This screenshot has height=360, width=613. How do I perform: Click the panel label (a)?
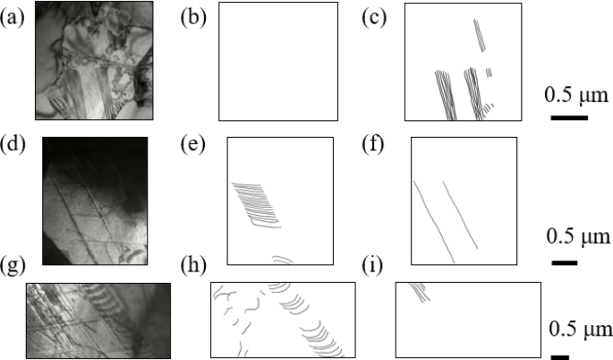click(13, 16)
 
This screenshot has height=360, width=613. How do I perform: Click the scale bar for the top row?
click(568, 117)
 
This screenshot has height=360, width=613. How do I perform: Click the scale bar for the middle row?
click(564, 262)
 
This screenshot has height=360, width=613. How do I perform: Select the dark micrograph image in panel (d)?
click(95, 201)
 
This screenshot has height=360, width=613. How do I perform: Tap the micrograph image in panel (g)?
click(98, 320)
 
